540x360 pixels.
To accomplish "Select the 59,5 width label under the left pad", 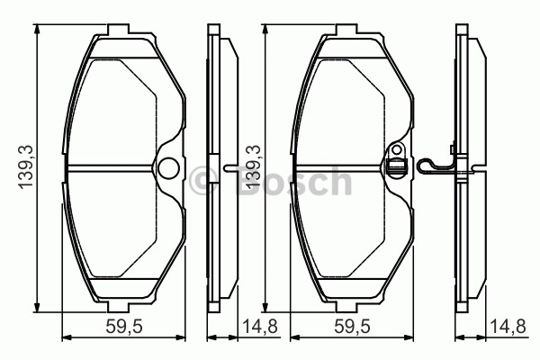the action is pos(124,326).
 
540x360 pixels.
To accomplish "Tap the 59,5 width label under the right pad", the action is pos(352,326).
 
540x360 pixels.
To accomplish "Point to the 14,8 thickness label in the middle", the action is pos(260,326).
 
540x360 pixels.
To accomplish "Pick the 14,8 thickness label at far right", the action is pos(508,326).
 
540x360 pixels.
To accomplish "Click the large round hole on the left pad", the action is pos(168,167).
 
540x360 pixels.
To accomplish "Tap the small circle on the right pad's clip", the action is pos(398,150).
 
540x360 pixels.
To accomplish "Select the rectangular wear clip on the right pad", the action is pos(397,166).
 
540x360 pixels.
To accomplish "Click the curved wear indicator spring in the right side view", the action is pos(435,165).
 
